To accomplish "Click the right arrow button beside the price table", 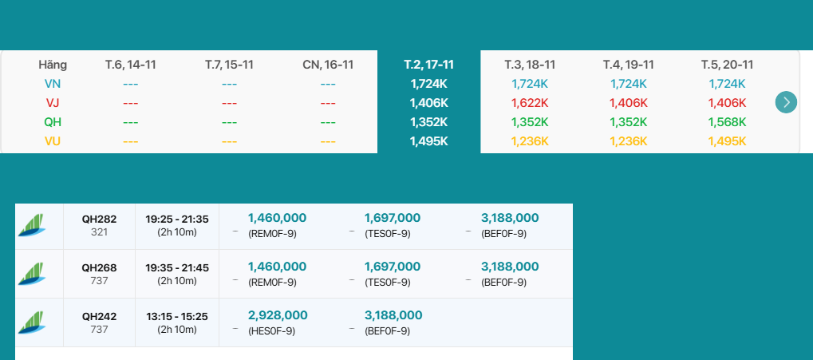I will pos(786,102).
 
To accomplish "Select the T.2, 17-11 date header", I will pos(428,65).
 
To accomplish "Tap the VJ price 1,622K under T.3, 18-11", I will pos(530,103).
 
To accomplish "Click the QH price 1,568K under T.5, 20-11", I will pos(727,122).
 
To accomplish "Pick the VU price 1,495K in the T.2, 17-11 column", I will pos(428,141).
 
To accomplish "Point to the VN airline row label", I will pos(53,84).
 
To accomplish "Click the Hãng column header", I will pos(53,65).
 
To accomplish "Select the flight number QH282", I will pos(99,219).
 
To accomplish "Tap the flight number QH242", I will pos(99,316).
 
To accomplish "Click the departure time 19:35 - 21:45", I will pos(177,267).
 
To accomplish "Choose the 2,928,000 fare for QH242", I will pos(278,315).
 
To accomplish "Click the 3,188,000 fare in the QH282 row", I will pos(510,218).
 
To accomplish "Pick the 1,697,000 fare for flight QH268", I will pos(393,267).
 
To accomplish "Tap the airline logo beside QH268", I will pos(32,274).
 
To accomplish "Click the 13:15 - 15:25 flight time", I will pos(177,316).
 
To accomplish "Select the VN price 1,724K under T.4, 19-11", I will pos(629,84).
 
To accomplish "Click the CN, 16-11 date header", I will pos(328,65).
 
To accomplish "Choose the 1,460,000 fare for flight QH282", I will pos(278,218).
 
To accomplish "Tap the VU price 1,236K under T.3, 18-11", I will pos(530,141).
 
